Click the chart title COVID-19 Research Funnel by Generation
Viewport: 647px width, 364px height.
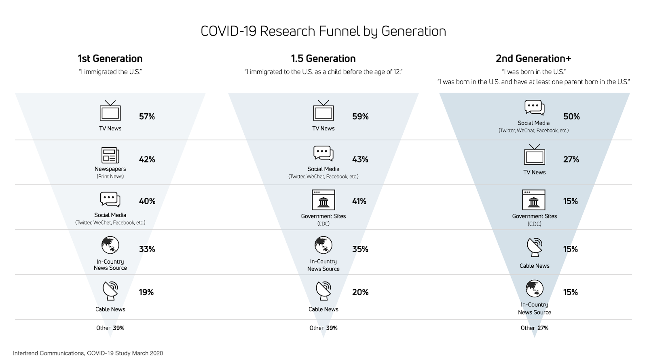[323, 31]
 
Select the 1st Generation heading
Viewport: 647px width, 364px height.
[110, 59]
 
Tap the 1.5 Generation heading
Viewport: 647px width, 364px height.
[323, 59]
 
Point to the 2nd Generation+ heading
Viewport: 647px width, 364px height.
[533, 59]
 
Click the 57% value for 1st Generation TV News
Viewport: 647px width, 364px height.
[147, 116]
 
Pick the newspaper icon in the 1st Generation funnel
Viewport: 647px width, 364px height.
[110, 155]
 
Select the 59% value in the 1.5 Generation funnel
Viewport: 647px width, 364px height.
[360, 116]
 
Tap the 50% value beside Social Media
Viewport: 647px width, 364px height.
[571, 116]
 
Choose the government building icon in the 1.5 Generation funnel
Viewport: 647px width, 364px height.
[323, 200]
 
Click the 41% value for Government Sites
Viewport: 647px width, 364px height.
[359, 201]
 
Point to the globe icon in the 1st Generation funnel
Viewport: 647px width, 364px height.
[110, 245]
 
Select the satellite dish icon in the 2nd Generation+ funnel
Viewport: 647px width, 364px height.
[535, 247]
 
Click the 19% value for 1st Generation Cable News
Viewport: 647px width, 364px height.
[146, 292]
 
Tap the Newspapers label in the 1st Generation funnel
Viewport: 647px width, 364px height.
[110, 169]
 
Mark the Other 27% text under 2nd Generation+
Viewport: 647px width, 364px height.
[534, 328]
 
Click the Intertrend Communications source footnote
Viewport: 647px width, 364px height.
[88, 353]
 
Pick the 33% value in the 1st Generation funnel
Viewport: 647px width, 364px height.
[147, 249]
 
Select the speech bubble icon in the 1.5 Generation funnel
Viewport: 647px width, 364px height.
[323, 153]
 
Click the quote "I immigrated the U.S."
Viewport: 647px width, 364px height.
[110, 72]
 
